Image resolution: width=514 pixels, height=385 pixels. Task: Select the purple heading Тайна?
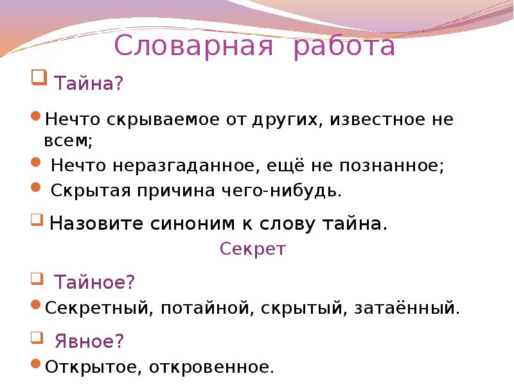pos(88,83)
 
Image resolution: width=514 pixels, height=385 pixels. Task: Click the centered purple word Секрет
pos(253,249)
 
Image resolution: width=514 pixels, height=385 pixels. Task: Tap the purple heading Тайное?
pos(94,282)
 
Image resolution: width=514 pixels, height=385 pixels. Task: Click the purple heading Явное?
pos(89,341)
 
